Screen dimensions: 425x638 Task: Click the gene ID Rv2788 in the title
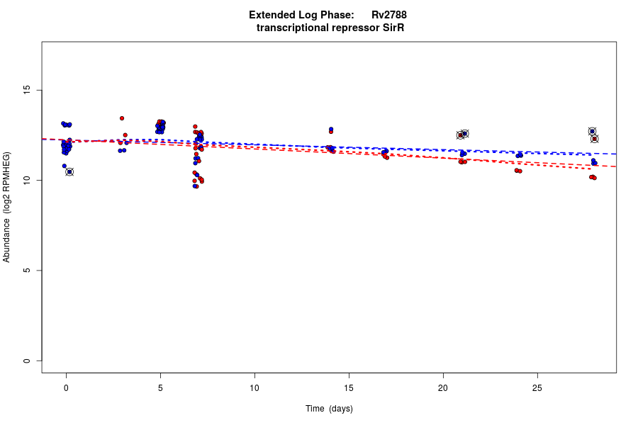388,15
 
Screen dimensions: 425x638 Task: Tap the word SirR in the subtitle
392,28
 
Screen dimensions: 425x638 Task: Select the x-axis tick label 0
66,387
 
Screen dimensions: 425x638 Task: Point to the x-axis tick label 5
160,387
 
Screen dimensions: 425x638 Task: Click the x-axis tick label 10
254,387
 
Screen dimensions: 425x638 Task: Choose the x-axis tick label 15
349,387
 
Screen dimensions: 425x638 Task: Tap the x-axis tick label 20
443,387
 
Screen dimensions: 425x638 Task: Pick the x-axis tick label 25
537,387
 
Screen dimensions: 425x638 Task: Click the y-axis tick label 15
26,90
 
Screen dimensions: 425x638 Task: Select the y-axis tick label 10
26,181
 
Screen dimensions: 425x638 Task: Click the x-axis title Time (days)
329,409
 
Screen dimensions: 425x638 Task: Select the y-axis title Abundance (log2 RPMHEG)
7,207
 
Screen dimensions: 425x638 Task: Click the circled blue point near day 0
69,172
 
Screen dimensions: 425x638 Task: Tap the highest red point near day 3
122,118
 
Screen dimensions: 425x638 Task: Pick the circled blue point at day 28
592,131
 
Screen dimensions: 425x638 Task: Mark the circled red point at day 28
595,139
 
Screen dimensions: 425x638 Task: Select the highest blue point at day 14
331,129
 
